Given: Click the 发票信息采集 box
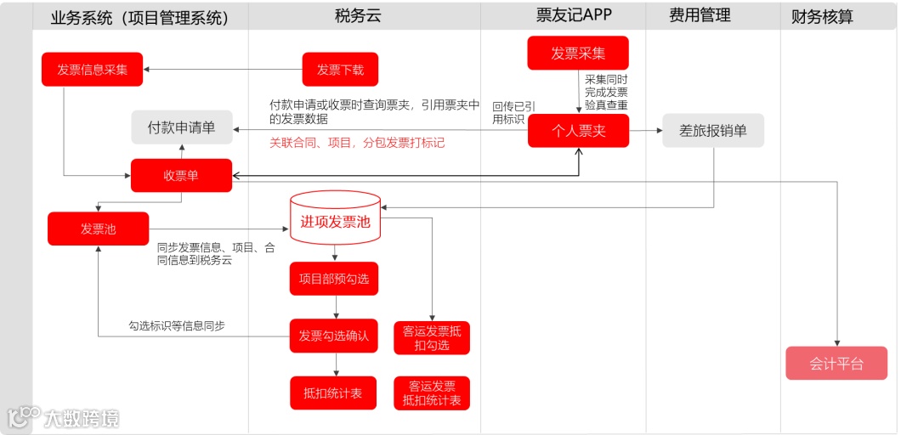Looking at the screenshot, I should click(93, 70).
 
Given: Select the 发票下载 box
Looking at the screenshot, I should click(340, 70).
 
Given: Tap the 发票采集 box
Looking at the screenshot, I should click(578, 53).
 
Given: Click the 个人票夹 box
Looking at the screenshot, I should click(578, 131).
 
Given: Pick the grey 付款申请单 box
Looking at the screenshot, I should click(181, 127).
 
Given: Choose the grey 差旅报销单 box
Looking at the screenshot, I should click(713, 131).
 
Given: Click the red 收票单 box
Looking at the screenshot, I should click(181, 175).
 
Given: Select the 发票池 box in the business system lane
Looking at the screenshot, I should click(98, 229).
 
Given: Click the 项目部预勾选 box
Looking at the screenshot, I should click(334, 279).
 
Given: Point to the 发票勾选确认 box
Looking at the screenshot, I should click(334, 336).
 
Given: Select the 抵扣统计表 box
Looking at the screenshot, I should click(333, 393).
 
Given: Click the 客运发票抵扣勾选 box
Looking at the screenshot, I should click(432, 338).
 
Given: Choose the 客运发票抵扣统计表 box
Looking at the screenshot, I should click(432, 393).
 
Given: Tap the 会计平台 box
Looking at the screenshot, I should click(836, 364).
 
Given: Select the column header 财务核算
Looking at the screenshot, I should click(822, 16).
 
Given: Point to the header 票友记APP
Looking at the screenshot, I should click(574, 15).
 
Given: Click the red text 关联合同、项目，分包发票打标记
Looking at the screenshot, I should click(357, 143).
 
